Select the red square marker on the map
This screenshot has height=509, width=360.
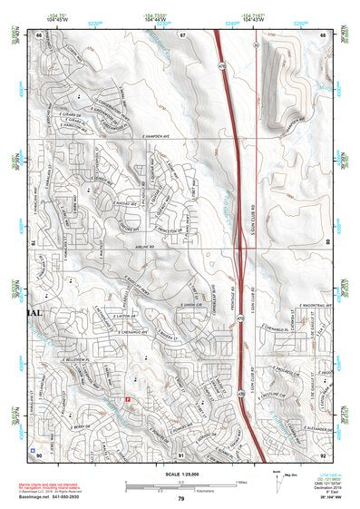click(x=128, y=397)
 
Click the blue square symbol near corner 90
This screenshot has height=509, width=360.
click(x=34, y=448)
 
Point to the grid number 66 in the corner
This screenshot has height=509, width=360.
click(x=39, y=34)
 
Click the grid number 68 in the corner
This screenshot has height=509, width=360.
click(x=323, y=34)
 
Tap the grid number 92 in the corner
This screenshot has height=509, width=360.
click(x=323, y=454)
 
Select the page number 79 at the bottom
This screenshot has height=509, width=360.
click(x=181, y=498)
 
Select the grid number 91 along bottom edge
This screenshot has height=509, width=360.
click(x=181, y=454)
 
